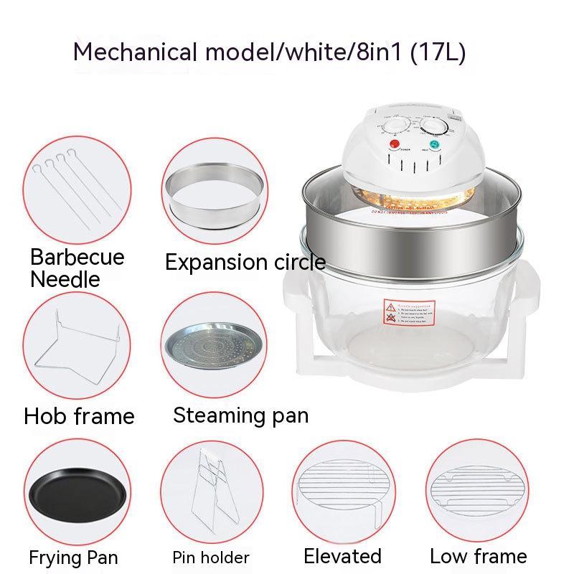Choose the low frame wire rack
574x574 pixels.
(x=478, y=488)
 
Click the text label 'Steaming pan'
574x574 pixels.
(x=241, y=415)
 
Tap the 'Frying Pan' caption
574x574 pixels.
(x=74, y=557)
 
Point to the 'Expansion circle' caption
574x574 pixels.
(x=245, y=263)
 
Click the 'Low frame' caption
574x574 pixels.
(x=478, y=556)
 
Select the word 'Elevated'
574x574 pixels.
(x=342, y=556)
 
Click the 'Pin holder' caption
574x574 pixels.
(x=211, y=557)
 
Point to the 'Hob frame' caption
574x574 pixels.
(x=79, y=416)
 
